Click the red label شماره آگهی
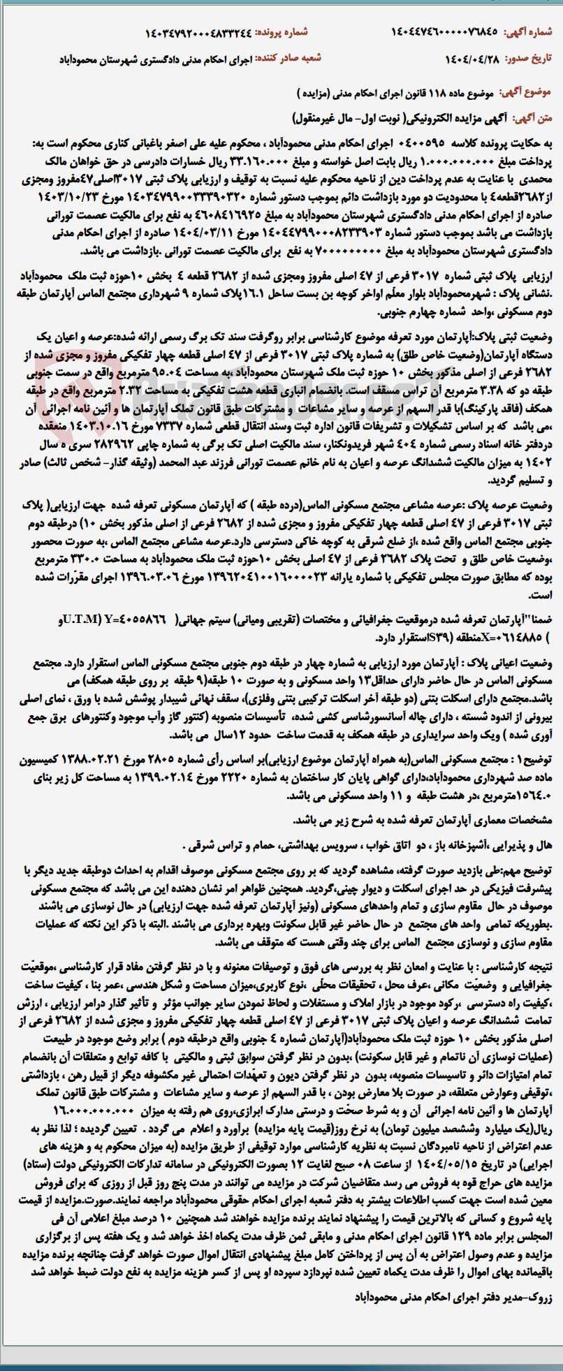534,32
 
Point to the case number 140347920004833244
198,32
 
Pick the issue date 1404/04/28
472,59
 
